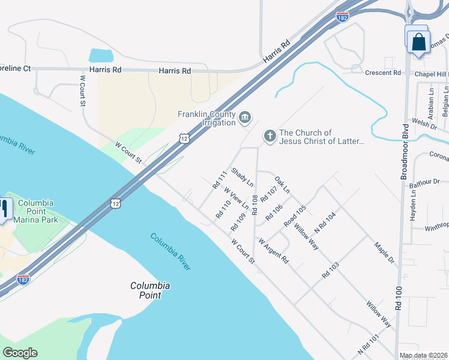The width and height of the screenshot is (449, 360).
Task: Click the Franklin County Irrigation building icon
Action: pyautogui.click(x=245, y=117)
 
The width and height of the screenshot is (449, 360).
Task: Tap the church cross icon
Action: pyautogui.click(x=270, y=137)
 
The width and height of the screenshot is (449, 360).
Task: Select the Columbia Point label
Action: pyautogui.click(x=150, y=290)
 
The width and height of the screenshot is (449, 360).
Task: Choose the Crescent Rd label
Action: pyautogui.click(x=382, y=73)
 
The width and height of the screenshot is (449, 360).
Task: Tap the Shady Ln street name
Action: pyautogui.click(x=243, y=176)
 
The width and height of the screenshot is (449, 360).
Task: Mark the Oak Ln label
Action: pyautogui.click(x=282, y=184)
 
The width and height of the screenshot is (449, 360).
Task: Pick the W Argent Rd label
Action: pyautogui.click(x=274, y=251)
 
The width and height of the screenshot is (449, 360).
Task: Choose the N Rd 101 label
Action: pyautogui.click(x=369, y=343)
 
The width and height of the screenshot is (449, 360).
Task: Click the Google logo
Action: pyautogui.click(x=20, y=353)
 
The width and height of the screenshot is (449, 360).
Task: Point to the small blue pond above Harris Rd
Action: pyautogui.click(x=101, y=56)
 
